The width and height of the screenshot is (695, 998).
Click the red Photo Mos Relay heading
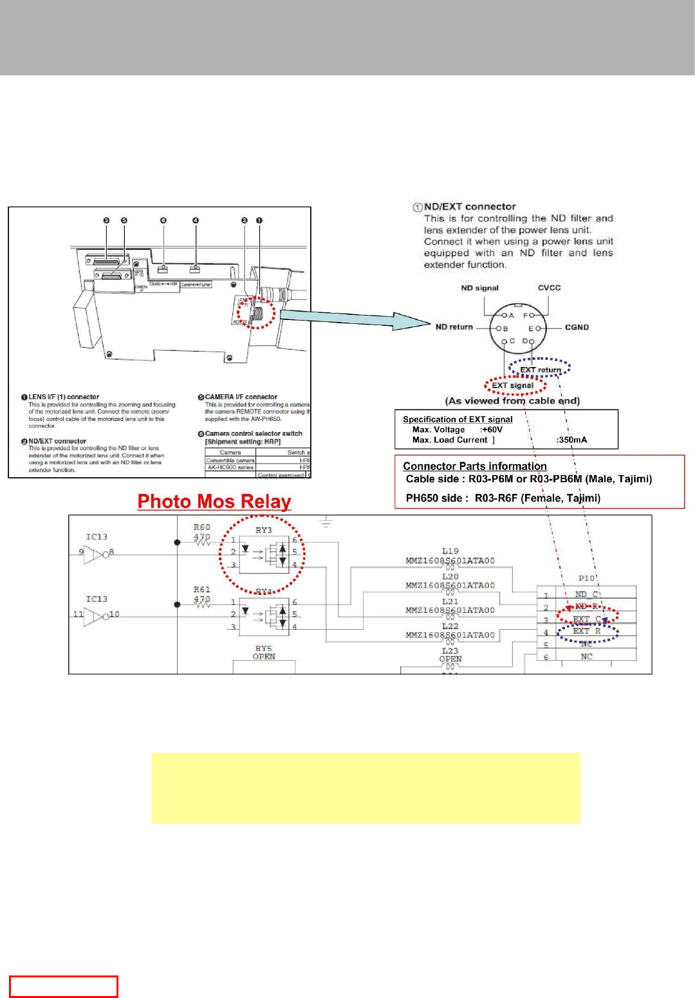click(x=214, y=502)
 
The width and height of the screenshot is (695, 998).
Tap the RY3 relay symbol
click(x=264, y=552)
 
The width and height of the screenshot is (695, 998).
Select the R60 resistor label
click(x=202, y=527)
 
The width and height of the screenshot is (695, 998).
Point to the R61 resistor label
click(x=202, y=590)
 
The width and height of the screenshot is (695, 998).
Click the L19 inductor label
click(x=450, y=551)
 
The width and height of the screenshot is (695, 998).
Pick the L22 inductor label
click(x=450, y=626)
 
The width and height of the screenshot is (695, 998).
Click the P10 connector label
click(x=586, y=578)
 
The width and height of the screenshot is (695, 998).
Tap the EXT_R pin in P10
click(x=587, y=632)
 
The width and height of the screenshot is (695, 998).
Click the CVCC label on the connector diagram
click(x=549, y=288)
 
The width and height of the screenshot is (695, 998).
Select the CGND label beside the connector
click(x=577, y=327)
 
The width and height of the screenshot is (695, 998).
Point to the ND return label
click(x=454, y=327)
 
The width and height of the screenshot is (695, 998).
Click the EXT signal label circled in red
click(x=513, y=386)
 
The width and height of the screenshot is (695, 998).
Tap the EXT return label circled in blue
click(x=540, y=370)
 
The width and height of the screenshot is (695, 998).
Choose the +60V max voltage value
click(x=492, y=429)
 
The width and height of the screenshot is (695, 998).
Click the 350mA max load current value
click(x=571, y=440)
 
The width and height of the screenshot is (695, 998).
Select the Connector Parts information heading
click(x=474, y=466)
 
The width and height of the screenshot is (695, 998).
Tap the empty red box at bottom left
click(x=63, y=986)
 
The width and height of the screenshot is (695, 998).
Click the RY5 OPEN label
click(x=264, y=652)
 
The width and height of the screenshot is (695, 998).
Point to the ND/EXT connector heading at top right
click(x=469, y=207)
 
